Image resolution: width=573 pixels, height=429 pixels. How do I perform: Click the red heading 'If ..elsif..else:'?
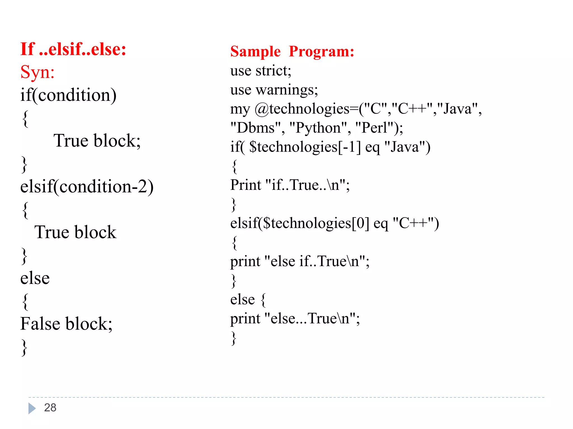pyautogui.click(x=73, y=49)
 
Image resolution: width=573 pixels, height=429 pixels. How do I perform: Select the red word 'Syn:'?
pyautogui.click(x=37, y=72)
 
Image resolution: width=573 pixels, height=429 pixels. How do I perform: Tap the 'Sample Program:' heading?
pyautogui.click(x=292, y=51)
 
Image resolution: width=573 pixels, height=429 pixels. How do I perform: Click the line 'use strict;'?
pyautogui.click(x=260, y=71)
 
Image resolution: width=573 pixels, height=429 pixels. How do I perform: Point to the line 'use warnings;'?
pyautogui.click(x=274, y=90)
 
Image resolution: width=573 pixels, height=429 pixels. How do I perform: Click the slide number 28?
pyautogui.click(x=50, y=407)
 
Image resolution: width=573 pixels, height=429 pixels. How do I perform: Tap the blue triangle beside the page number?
pyautogui.click(x=32, y=408)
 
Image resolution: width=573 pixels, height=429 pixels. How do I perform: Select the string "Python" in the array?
pyautogui.click(x=318, y=128)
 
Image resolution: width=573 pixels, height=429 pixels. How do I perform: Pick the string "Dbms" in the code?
pyautogui.click(x=255, y=128)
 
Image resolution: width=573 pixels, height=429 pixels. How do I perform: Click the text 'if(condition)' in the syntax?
pyautogui.click(x=68, y=95)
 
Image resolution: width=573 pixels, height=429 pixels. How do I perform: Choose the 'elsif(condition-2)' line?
pyautogui.click(x=87, y=186)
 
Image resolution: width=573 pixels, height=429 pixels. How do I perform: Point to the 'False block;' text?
pyautogui.click(x=66, y=324)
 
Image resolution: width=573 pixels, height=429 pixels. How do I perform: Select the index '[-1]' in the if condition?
pyautogui.click(x=349, y=147)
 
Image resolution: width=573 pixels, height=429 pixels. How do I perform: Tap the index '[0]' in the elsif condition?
pyautogui.click(x=360, y=223)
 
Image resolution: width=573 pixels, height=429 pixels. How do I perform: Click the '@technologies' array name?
pyautogui.click(x=302, y=109)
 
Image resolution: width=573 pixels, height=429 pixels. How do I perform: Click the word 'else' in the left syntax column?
pyautogui.click(x=35, y=278)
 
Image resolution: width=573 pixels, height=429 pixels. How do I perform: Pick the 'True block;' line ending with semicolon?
pyautogui.click(x=97, y=140)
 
